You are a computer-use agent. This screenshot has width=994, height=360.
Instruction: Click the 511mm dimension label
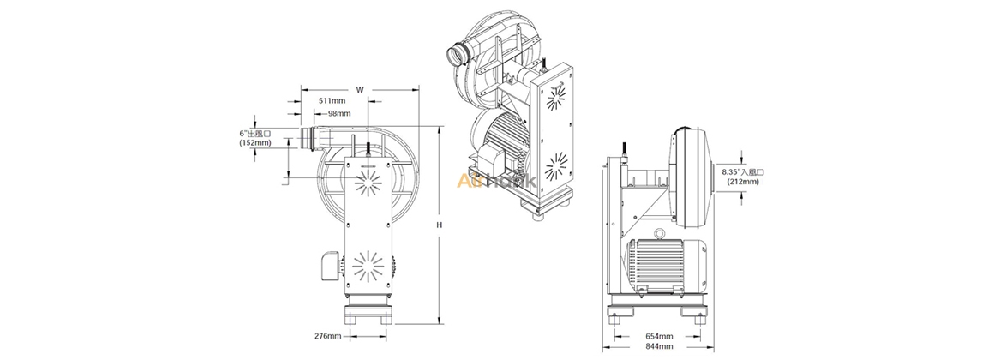(332, 101)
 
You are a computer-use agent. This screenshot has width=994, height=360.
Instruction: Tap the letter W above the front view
(360, 88)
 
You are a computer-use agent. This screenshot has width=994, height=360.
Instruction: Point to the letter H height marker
(439, 225)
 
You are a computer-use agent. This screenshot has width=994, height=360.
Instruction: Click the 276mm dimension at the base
(328, 335)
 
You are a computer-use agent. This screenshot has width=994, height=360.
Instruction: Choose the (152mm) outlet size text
(255, 143)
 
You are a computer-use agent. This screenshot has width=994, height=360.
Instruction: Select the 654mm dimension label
(659, 336)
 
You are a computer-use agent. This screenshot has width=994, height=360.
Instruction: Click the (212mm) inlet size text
(742, 181)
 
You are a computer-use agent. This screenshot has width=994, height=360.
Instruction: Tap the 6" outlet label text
(255, 134)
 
